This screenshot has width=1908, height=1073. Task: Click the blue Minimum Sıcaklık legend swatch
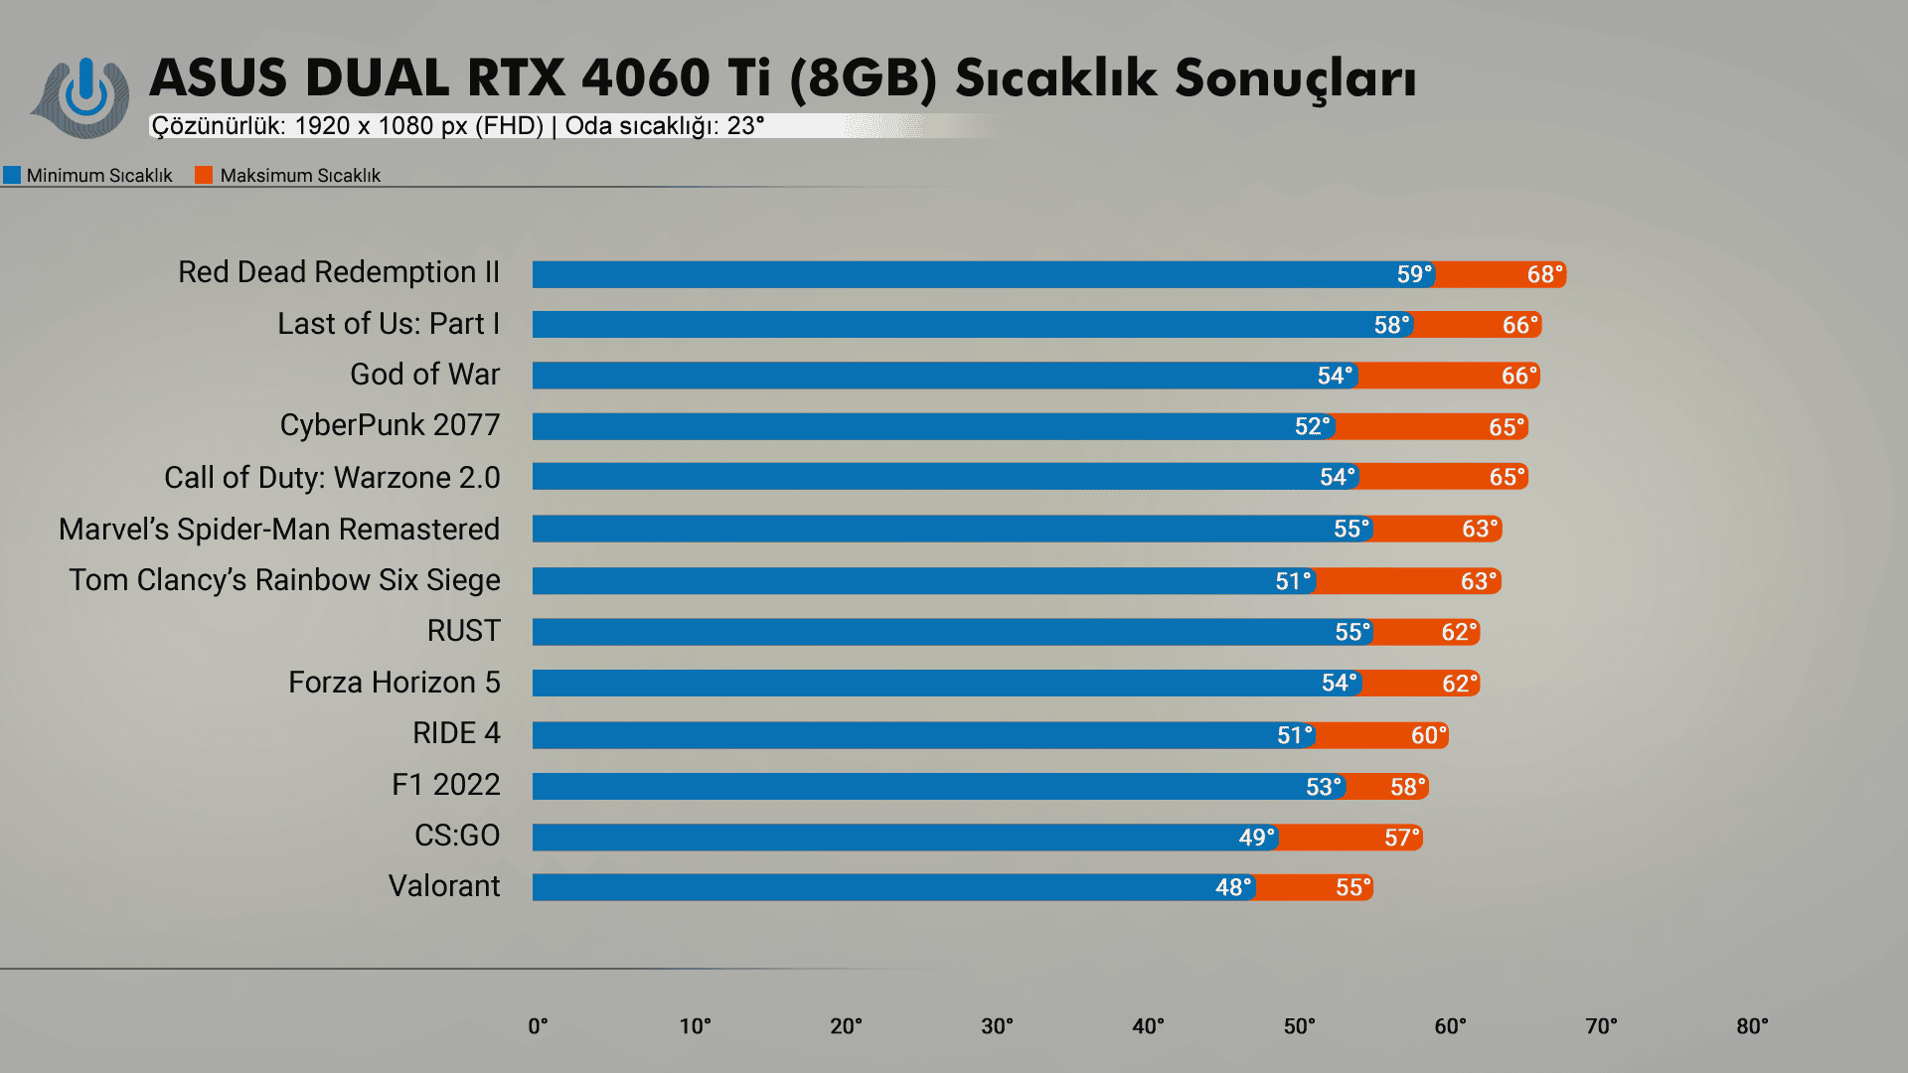[x=12, y=176]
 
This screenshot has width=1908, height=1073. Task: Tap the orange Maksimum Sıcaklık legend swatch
[x=204, y=176]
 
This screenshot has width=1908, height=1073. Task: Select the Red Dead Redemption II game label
[x=338, y=272]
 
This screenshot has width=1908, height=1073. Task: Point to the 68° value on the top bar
[x=1544, y=274]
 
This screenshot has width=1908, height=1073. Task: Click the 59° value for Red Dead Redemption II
[x=1414, y=274]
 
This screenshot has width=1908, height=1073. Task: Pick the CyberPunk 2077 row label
[x=390, y=425]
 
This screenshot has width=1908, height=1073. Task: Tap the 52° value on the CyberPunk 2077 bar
[x=1312, y=426]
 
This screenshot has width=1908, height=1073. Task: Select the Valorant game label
[x=444, y=886]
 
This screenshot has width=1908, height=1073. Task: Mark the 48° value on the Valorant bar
[x=1233, y=887]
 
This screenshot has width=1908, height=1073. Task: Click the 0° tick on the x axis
[x=538, y=1026]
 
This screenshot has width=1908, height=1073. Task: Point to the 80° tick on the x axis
[x=1752, y=1026]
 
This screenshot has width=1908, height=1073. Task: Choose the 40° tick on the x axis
[x=1148, y=1026]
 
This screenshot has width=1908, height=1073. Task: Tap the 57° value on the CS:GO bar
[x=1401, y=838]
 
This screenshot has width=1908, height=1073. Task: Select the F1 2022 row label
[x=445, y=785]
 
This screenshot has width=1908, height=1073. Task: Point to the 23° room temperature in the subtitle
[x=745, y=126]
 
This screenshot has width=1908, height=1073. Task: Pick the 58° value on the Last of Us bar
[x=1391, y=325]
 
